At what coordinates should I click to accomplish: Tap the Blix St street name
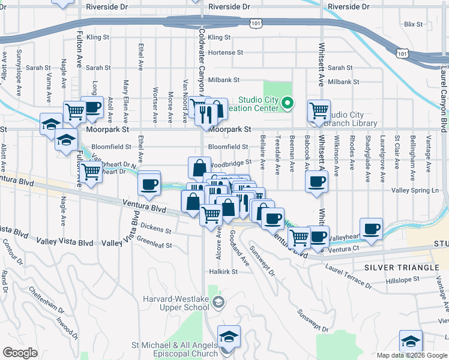click(x=414, y=24)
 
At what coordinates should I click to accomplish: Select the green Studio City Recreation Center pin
click(x=287, y=104)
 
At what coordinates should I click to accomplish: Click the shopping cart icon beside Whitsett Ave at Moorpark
click(x=318, y=110)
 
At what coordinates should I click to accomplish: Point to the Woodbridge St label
click(x=229, y=162)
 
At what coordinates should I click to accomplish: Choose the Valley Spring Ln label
click(x=415, y=190)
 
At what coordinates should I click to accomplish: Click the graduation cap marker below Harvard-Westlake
click(x=228, y=337)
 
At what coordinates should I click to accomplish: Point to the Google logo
click(x=19, y=353)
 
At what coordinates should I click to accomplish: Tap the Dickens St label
click(x=157, y=228)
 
